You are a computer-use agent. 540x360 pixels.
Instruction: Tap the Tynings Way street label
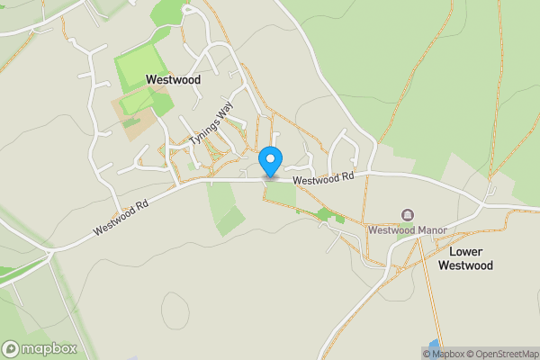click(210, 129)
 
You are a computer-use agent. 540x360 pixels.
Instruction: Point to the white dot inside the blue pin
click(270, 157)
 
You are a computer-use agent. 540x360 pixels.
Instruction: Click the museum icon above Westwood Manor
click(408, 215)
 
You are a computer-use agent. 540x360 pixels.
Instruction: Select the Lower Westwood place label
click(466, 258)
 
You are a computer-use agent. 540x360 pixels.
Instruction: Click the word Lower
click(466, 251)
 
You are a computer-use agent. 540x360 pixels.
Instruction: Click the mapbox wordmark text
click(49, 349)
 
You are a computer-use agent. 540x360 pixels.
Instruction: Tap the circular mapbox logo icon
click(11, 349)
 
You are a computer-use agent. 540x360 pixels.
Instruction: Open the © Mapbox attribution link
click(443, 354)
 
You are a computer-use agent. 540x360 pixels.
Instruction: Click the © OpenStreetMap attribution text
click(502, 354)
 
